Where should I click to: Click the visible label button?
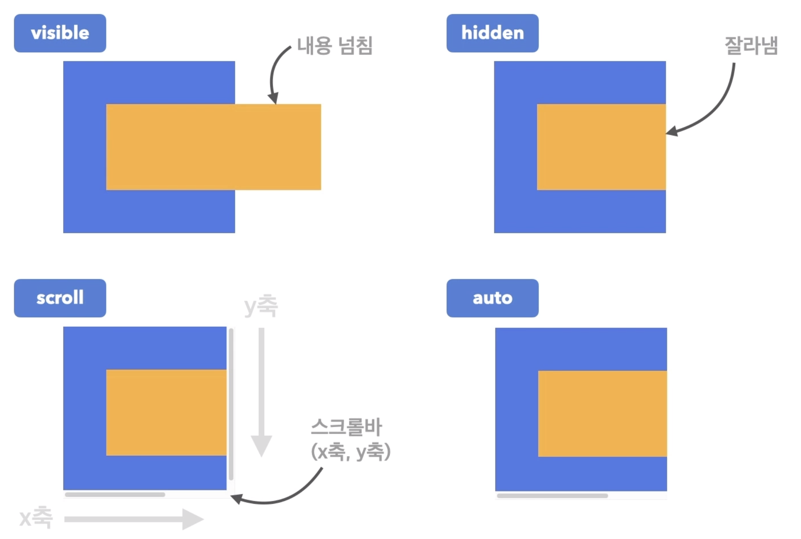click(60, 33)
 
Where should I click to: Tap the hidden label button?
click(492, 33)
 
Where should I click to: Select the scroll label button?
click(60, 298)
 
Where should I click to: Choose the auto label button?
click(492, 298)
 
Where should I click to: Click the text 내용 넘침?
click(335, 46)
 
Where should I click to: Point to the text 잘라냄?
click(751, 46)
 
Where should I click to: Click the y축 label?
click(261, 306)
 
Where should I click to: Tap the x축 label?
click(36, 517)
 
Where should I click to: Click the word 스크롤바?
click(346, 427)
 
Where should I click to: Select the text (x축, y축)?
click(350, 452)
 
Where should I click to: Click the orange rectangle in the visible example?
click(213, 147)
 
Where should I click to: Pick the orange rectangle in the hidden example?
click(601, 147)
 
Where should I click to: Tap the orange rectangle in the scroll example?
click(166, 413)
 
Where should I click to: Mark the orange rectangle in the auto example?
click(603, 414)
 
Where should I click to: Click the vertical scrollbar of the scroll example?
click(231, 404)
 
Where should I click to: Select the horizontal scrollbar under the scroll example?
click(115, 495)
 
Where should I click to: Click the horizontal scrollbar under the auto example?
click(552, 496)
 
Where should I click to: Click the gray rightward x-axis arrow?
click(133, 519)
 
